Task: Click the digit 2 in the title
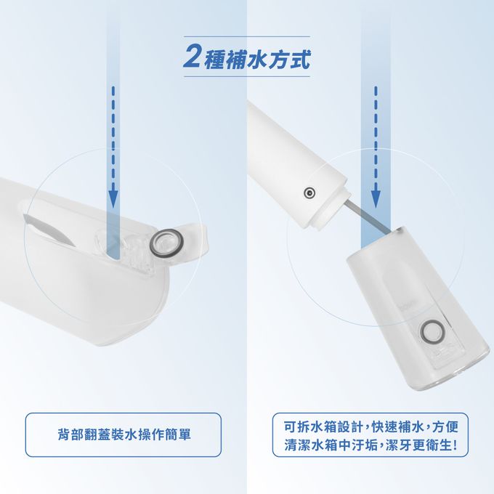[x=193, y=56]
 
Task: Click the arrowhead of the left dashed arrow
[x=113, y=199]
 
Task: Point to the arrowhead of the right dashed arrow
[x=376, y=199]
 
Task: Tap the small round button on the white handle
[x=309, y=193]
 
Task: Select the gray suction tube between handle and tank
[x=367, y=215]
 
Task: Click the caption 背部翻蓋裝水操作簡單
[x=124, y=434]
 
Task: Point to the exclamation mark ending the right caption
[x=455, y=445]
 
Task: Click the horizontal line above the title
[x=247, y=36]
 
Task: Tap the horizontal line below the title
[x=247, y=76]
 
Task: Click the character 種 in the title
[x=215, y=59]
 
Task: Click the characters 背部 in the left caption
[x=70, y=434]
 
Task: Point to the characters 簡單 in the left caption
[x=178, y=434]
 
